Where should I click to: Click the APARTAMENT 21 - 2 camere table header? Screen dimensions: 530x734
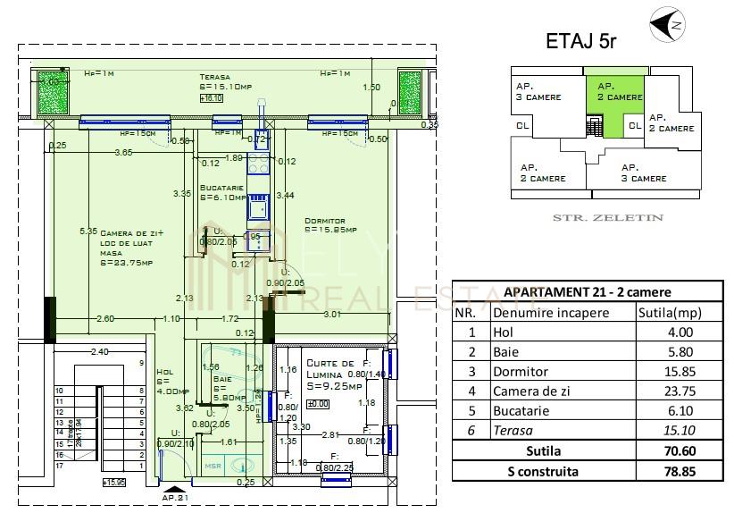pos(587,292)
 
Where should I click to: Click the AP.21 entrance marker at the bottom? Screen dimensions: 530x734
pos(175,496)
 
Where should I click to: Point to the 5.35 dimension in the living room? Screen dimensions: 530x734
pos(87,231)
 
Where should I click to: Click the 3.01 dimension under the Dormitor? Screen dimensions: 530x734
pos(331,314)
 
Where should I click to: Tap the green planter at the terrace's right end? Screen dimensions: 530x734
pos(409,91)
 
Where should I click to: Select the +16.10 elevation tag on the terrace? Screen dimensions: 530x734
pos(211,98)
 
